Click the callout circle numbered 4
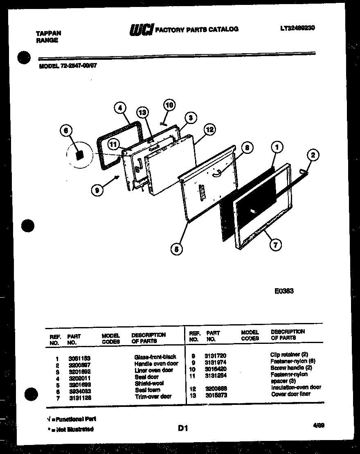pos(119,108)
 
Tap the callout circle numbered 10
pos(169,105)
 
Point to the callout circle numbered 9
pos(97,190)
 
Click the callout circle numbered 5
pos(177,248)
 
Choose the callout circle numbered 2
pos(313,155)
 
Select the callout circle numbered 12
pos(209,130)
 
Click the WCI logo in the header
pos(141,29)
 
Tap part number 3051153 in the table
pos(77,357)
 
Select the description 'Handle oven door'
pos(156,364)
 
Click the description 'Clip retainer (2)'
pos(289,354)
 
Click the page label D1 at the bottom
pos(182,429)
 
